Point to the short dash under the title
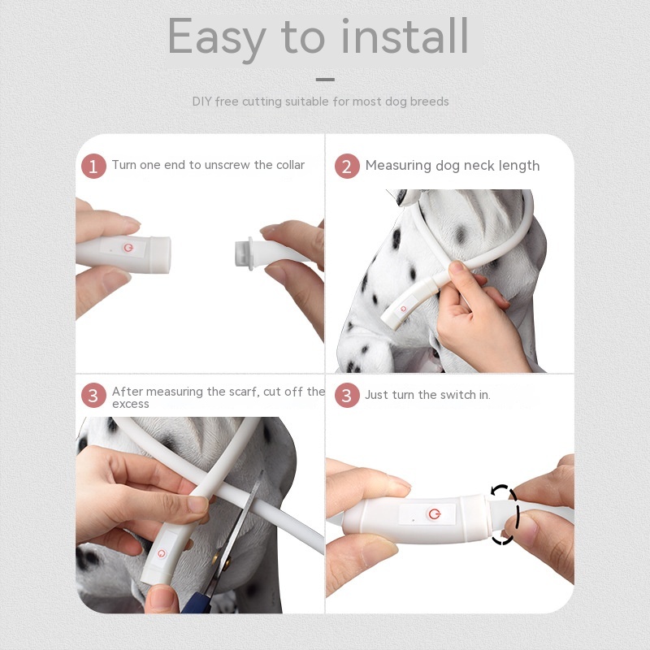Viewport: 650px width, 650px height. [325, 79]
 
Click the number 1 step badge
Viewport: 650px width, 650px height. [93, 167]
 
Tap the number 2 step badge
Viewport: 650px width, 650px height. [347, 167]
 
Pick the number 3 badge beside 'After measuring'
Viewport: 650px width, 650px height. [93, 396]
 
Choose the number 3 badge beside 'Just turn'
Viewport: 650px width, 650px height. [347, 396]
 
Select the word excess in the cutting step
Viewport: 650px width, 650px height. [130, 404]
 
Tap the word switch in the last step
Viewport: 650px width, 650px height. [458, 395]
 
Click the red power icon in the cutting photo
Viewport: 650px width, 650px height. [161, 553]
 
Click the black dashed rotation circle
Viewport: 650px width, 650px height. [504, 513]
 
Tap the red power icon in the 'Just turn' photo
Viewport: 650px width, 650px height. [433, 513]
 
